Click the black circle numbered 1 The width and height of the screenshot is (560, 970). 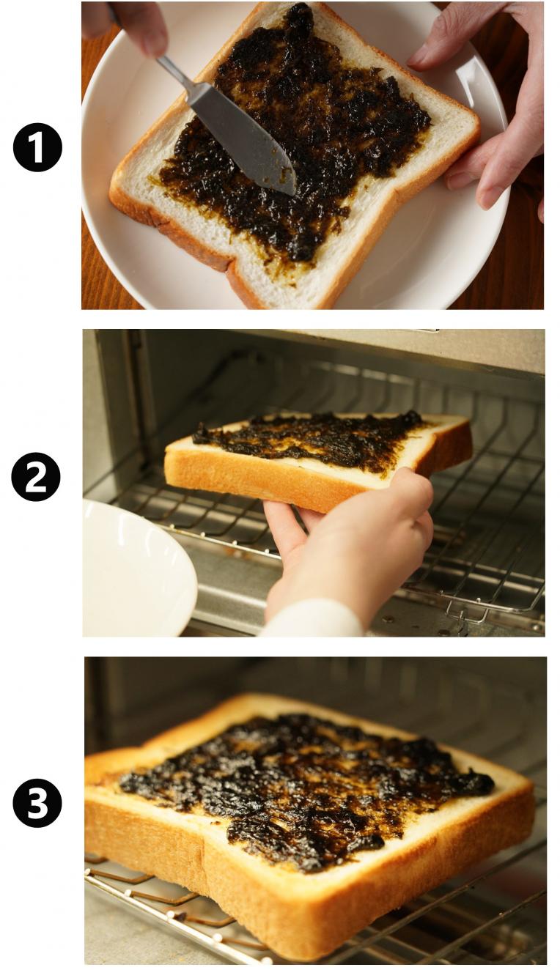coord(37,147)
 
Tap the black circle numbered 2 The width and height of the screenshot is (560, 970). coord(36,477)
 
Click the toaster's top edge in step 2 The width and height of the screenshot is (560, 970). coord(312,334)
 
